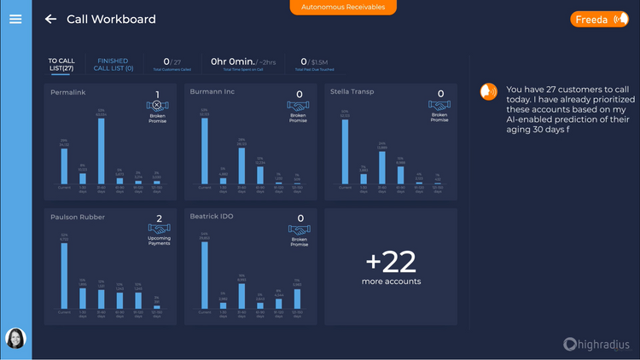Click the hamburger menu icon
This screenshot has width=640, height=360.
(x=15, y=19)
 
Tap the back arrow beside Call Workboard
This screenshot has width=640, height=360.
(x=51, y=19)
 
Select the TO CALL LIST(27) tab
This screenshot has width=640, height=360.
(x=61, y=65)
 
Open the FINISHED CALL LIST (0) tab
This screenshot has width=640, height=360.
(x=113, y=65)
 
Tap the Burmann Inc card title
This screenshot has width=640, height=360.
(x=213, y=91)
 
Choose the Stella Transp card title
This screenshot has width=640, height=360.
(x=352, y=91)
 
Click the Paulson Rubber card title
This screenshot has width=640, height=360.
(x=78, y=217)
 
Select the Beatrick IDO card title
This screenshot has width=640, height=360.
(x=212, y=217)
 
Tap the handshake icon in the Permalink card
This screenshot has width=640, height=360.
(x=157, y=105)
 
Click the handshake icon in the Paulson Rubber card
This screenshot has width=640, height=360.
(x=158, y=230)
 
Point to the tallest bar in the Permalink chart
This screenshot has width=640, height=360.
(x=102, y=151)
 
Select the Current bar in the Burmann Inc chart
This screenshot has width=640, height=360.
(x=205, y=151)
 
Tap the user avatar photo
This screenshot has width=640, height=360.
(x=15, y=339)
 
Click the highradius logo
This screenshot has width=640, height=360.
(x=596, y=344)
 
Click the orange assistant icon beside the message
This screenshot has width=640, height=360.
(x=489, y=91)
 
